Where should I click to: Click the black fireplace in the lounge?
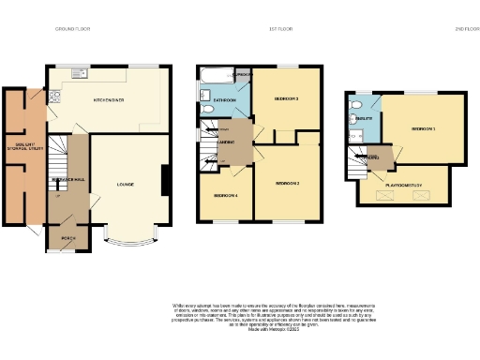pyautogui.click(x=166, y=180)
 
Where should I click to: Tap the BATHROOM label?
pyautogui.click(x=223, y=98)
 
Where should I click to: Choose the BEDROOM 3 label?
pyautogui.click(x=285, y=98)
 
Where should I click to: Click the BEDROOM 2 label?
pyautogui.click(x=287, y=184)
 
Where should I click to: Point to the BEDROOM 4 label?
pyautogui.click(x=225, y=195)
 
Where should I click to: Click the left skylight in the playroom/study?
pyautogui.click(x=378, y=191)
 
